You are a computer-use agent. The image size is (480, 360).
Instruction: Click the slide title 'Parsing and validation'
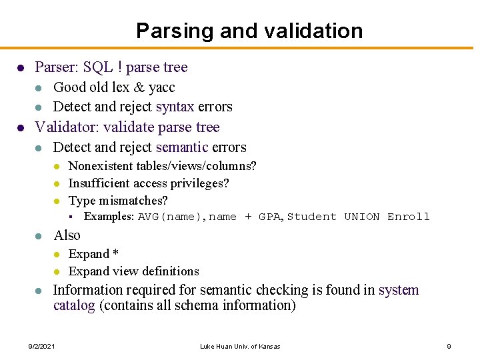tap(249, 31)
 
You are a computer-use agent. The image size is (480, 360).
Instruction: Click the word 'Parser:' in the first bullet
tap(55, 67)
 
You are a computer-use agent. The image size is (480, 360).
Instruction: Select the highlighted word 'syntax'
tap(175, 107)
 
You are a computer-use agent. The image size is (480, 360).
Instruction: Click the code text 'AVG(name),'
tap(173, 217)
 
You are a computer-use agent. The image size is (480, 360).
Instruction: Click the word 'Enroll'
tap(409, 217)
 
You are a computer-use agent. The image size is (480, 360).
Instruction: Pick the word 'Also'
tap(67, 235)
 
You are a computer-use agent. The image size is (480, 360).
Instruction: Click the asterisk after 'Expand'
tap(115, 253)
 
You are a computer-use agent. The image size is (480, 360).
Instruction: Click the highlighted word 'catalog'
tap(74, 306)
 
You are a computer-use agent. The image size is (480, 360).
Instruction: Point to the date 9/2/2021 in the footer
tap(41, 346)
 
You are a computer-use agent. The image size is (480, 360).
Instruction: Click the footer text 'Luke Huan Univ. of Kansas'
tap(240, 346)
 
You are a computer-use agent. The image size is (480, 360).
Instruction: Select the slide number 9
tap(449, 346)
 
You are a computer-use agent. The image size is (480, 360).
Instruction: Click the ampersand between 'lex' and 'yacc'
tap(139, 87)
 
